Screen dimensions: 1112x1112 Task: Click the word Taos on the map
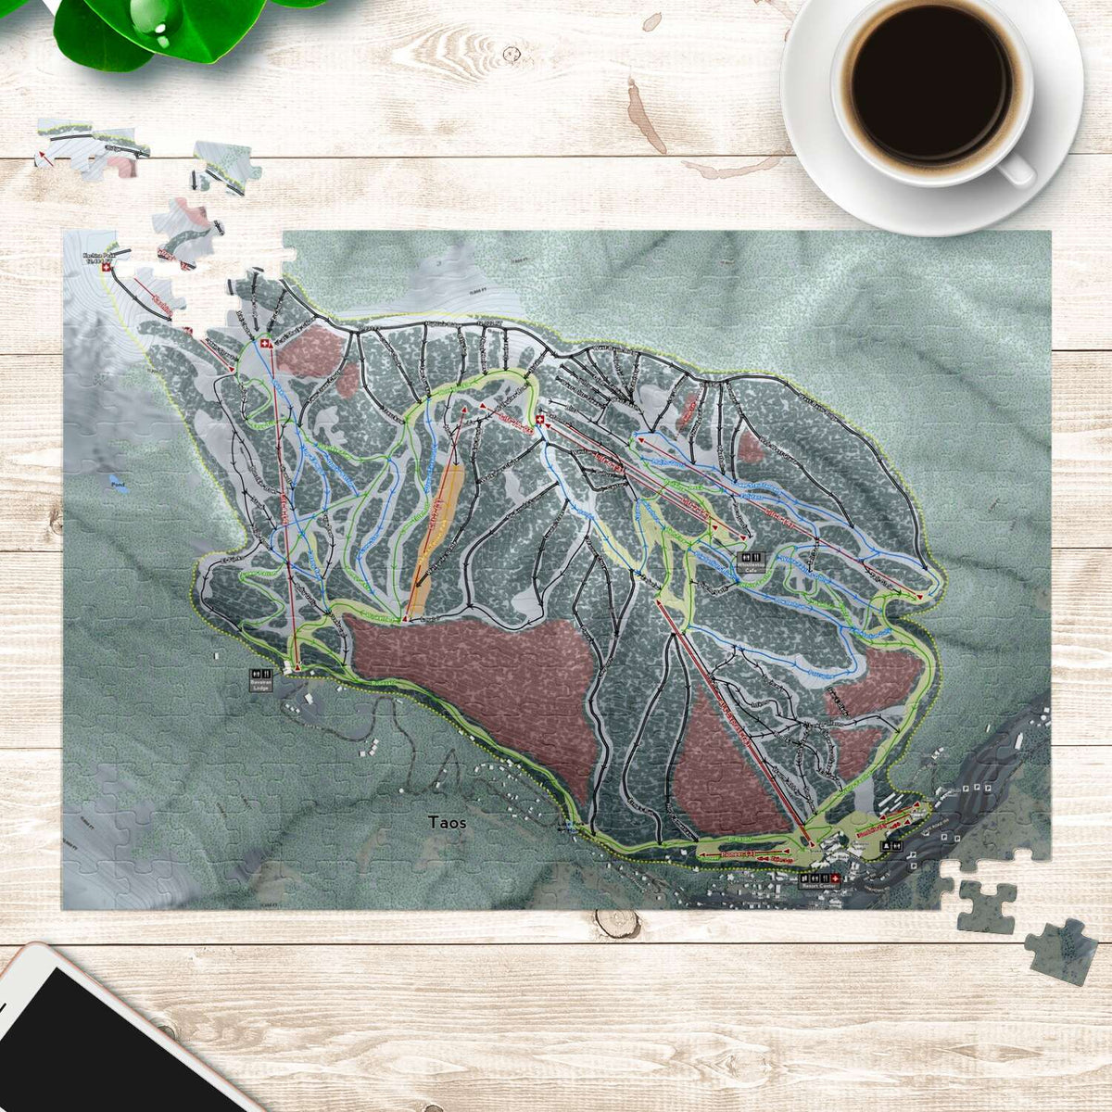point(449,821)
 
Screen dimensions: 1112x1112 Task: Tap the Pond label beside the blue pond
point(116,485)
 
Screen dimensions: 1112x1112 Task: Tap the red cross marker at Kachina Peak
point(105,269)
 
